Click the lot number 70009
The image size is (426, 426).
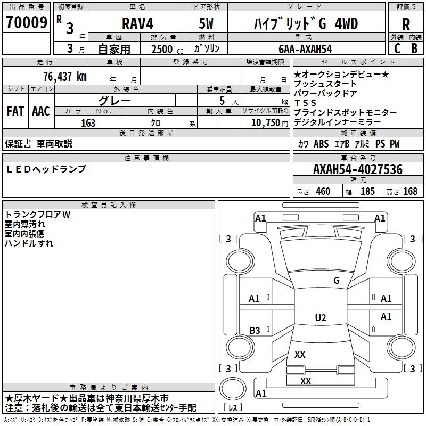tap(26, 23)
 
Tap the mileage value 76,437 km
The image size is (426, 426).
tap(64, 76)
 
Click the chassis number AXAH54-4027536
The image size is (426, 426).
tap(357, 169)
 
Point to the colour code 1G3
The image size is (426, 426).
tap(88, 122)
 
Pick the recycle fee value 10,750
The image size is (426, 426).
tap(265, 122)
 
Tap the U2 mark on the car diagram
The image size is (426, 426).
tap(321, 318)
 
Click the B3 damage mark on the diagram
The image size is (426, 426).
tap(255, 331)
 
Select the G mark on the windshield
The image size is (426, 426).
tap(337, 281)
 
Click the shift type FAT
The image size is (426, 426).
tap(15, 111)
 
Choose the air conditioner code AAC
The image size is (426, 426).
tap(41, 111)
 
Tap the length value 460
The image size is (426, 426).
tap(323, 192)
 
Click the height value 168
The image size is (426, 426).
tap(410, 192)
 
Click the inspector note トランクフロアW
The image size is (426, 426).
tap(37, 215)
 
